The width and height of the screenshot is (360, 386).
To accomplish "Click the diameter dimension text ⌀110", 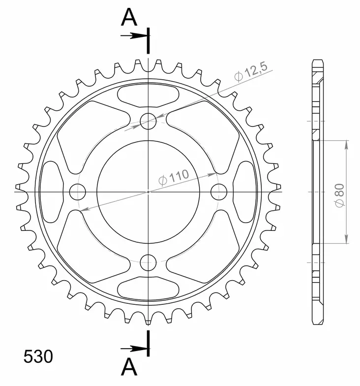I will pos(174,178).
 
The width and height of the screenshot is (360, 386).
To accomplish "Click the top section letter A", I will pos(129,18).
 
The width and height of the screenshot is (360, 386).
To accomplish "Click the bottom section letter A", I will pos(129,367).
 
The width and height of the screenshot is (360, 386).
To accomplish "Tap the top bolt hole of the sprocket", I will pos(148,120).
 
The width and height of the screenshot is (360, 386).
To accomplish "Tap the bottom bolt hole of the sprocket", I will pos(148,262).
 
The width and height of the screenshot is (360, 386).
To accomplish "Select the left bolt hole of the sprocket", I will pos(77,191).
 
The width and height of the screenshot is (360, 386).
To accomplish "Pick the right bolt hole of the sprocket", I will pos(219,191).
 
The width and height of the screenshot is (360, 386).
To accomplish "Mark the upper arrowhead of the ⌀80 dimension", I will pos(347,144).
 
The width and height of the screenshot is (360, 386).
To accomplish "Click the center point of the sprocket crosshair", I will pos(148,191).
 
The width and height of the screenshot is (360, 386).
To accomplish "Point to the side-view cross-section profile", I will pos(318,191).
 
